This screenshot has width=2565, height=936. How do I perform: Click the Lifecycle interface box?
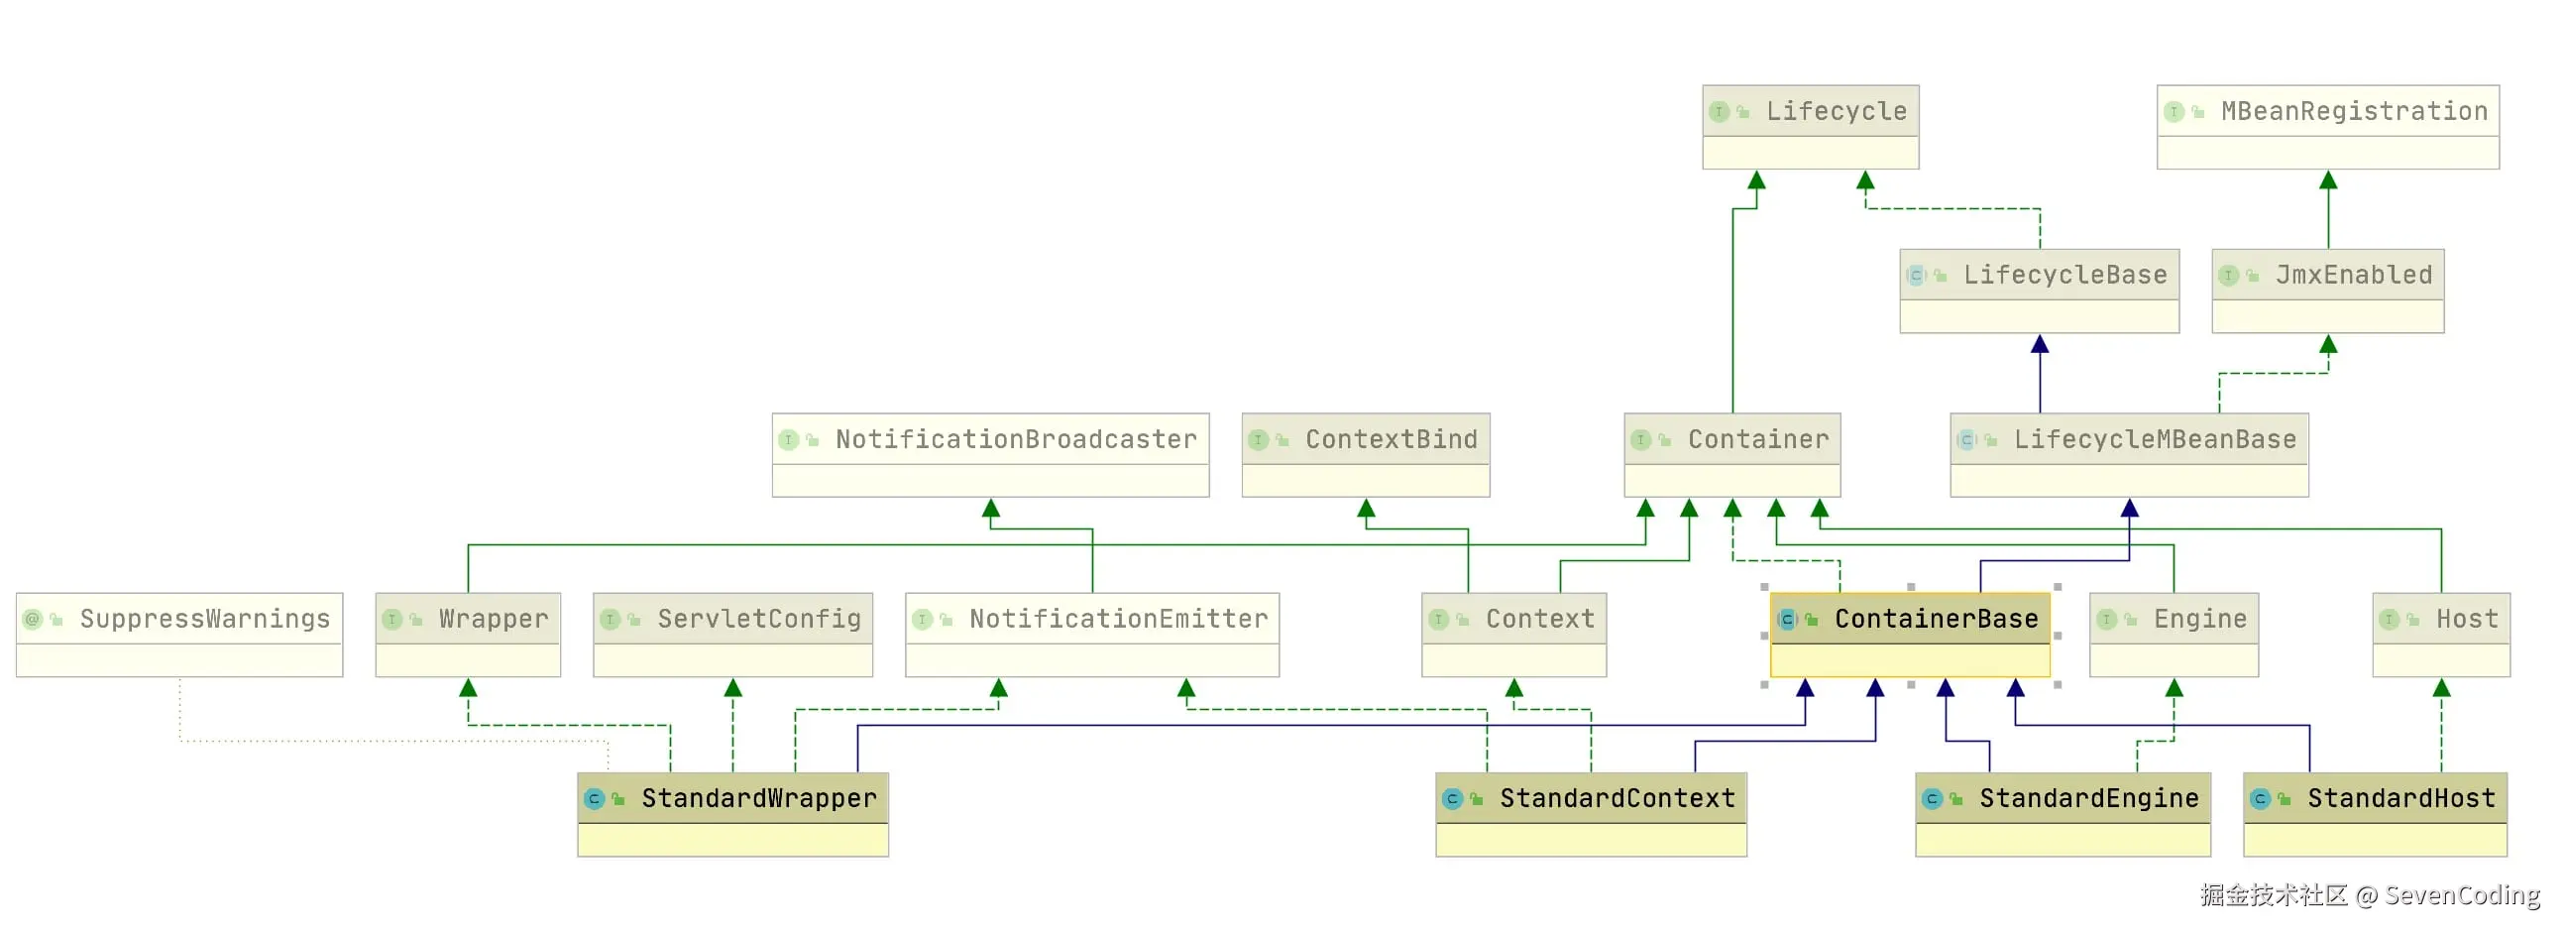(x=1810, y=127)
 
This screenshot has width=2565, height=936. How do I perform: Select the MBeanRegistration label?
(x=2354, y=111)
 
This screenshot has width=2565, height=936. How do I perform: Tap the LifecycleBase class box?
(x=2039, y=291)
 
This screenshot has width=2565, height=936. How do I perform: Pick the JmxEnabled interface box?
(x=2327, y=291)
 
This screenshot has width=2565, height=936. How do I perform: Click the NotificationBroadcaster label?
(x=1016, y=439)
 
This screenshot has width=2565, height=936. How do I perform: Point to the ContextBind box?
(x=1365, y=455)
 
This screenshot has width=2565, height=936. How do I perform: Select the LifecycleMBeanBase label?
(x=2155, y=439)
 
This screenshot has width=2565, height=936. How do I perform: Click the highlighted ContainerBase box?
(x=1909, y=635)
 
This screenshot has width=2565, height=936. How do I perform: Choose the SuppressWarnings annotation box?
(x=179, y=635)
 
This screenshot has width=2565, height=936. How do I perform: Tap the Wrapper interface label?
(x=493, y=619)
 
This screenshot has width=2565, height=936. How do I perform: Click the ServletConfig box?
(x=732, y=635)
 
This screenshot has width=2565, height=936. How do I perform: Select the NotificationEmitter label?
(x=1118, y=619)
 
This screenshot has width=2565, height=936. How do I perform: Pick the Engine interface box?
(x=2173, y=635)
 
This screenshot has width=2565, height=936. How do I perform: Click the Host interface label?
(x=2467, y=619)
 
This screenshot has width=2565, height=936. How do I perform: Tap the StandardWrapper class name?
(x=759, y=797)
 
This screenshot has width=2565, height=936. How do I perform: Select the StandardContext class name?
(x=1617, y=797)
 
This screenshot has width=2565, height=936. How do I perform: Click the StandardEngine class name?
(x=2088, y=797)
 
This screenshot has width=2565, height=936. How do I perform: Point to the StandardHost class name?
(x=2400, y=797)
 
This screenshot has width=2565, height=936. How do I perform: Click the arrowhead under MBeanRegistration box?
(x=2328, y=180)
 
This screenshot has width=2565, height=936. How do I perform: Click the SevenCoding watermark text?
(x=2462, y=894)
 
